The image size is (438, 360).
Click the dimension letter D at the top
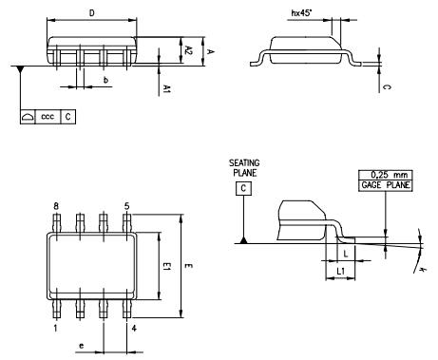tap(90, 13)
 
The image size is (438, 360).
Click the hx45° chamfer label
tap(302, 13)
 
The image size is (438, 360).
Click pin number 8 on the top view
tap(56, 206)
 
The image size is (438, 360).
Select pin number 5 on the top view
tap(126, 206)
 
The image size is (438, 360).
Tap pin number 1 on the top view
tap(56, 329)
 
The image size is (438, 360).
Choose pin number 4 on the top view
tap(134, 329)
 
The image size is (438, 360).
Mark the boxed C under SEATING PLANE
tap(244, 190)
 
